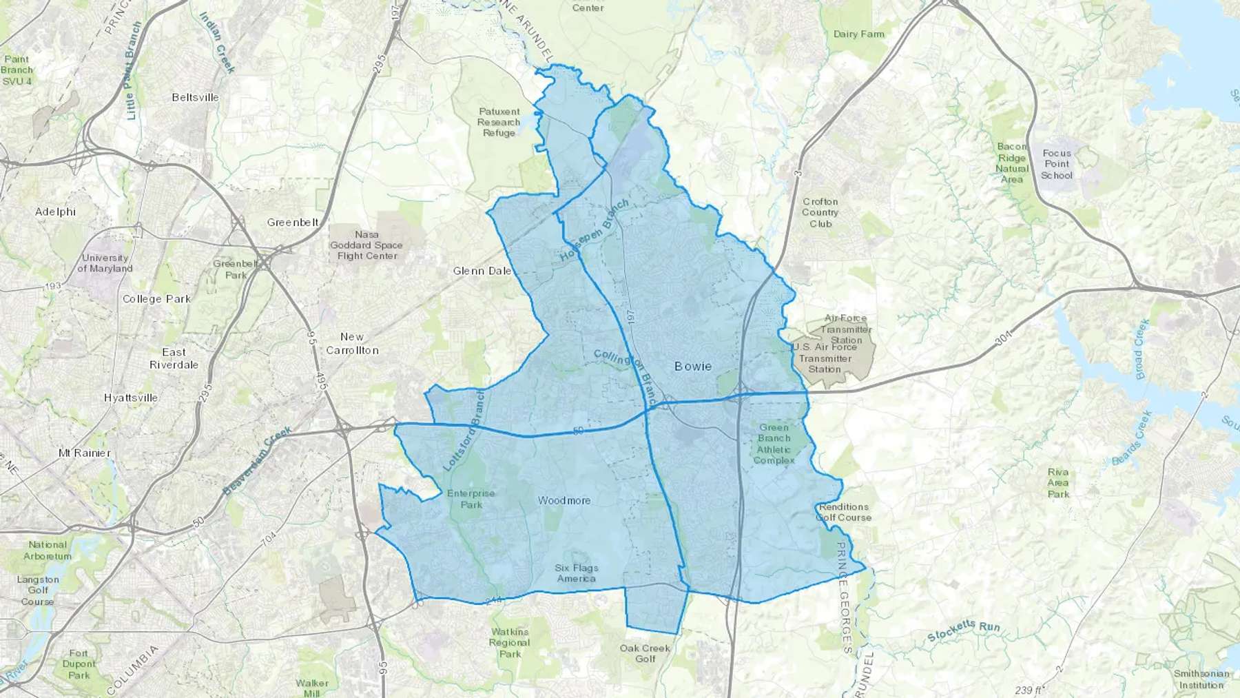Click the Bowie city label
(693, 366)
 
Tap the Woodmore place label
(564, 500)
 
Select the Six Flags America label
(577, 573)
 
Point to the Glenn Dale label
(482, 271)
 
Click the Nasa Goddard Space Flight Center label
(366, 245)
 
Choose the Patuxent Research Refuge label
(499, 122)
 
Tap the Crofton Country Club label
(820, 212)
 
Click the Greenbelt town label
(293, 222)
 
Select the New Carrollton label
(352, 343)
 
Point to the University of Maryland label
(105, 263)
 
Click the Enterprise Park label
(471, 499)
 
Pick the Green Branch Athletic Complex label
(774, 444)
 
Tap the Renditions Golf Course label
(844, 512)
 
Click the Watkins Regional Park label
(510, 643)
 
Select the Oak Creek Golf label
(645, 653)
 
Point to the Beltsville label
(195, 97)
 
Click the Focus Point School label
(1057, 164)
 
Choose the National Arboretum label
(48, 550)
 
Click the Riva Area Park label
(1058, 482)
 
